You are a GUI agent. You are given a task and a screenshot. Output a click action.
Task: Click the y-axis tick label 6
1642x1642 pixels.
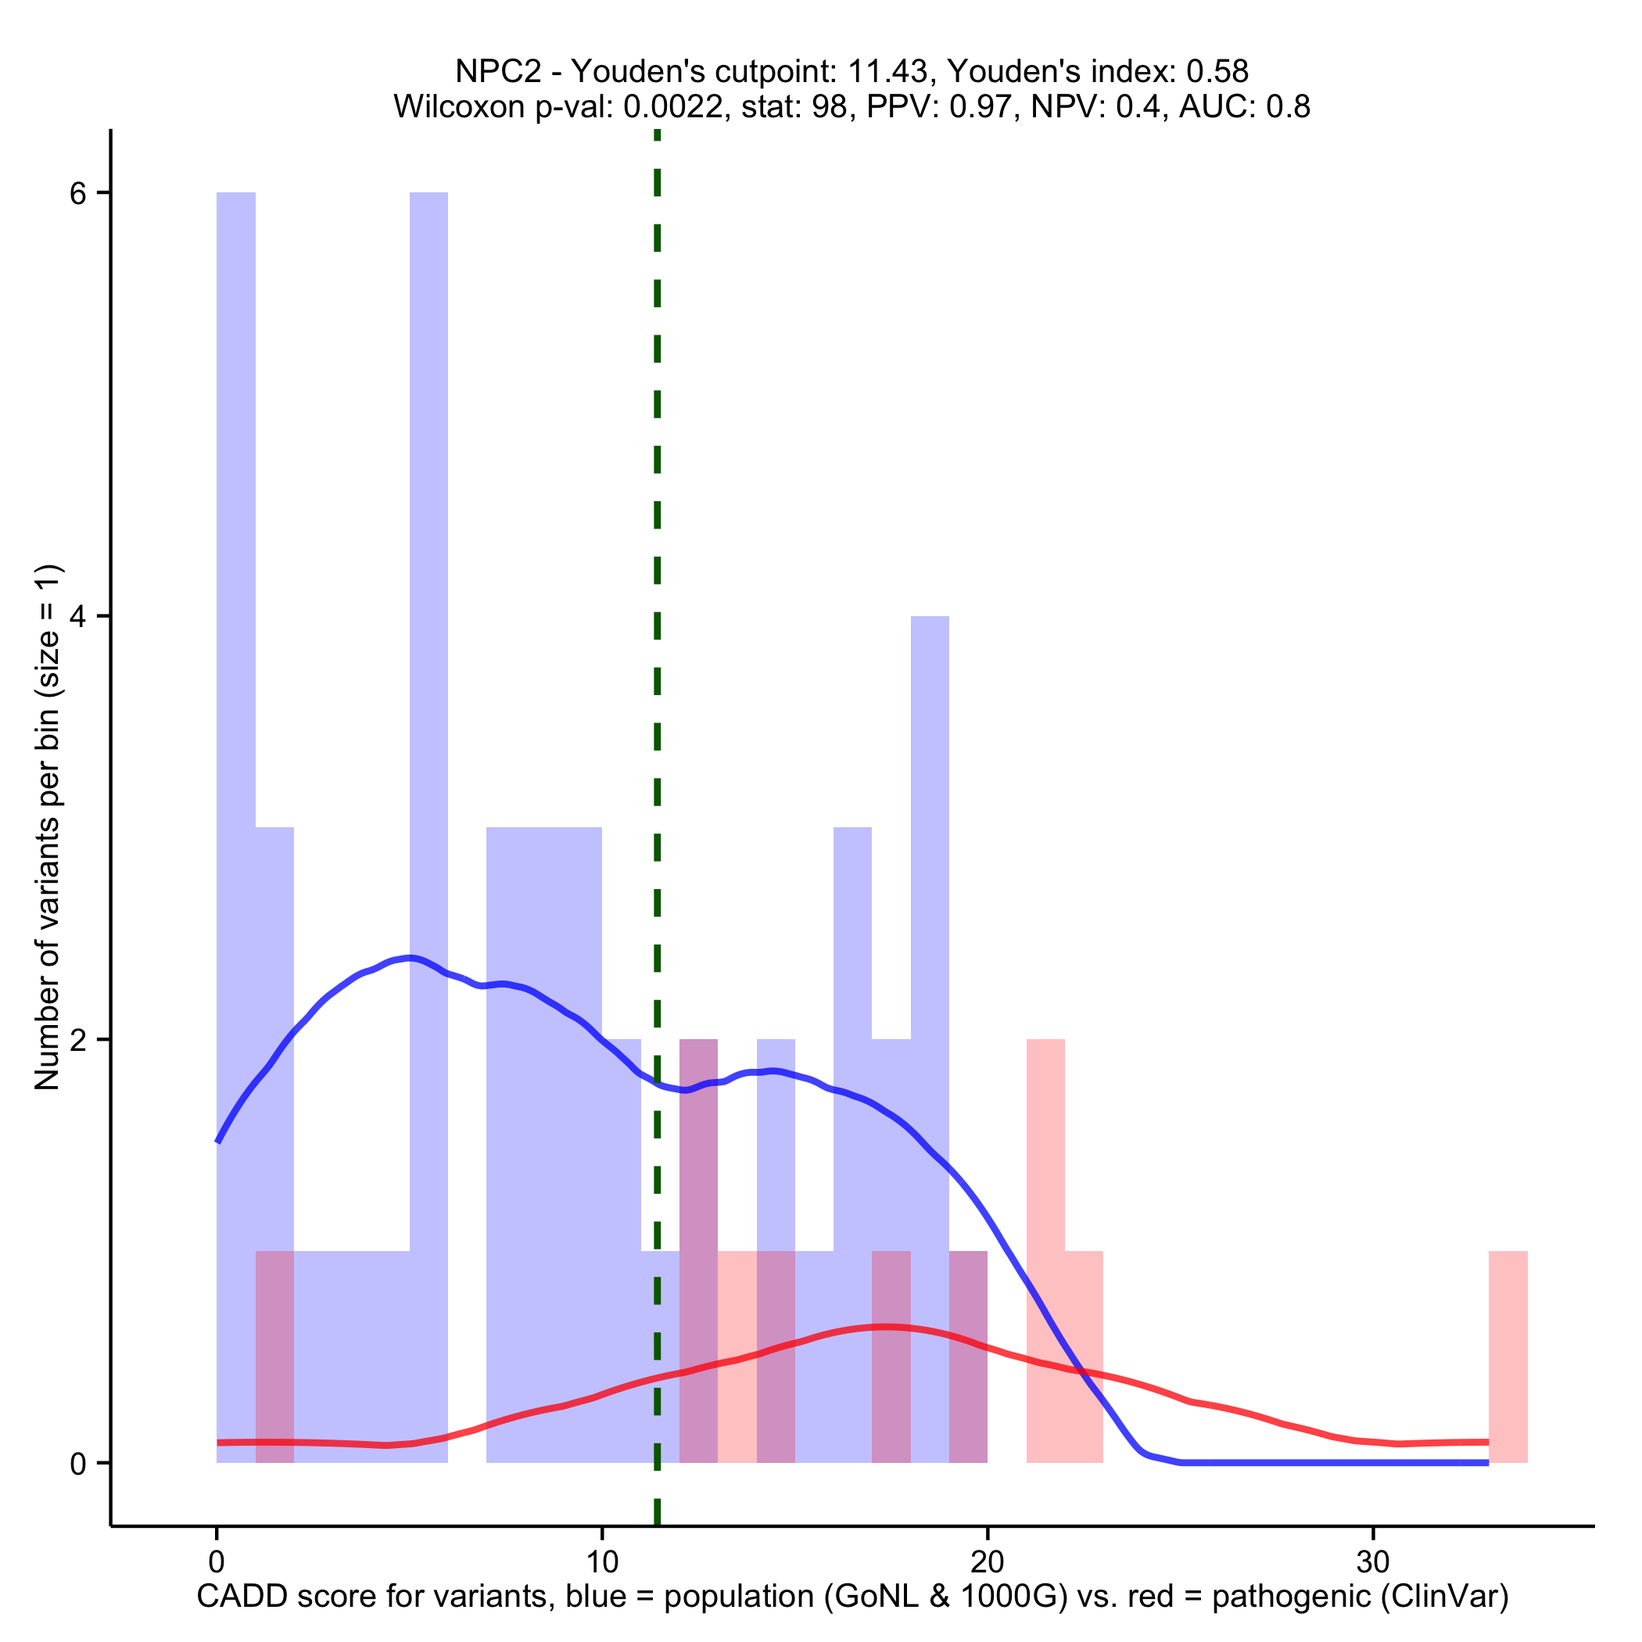tap(78, 194)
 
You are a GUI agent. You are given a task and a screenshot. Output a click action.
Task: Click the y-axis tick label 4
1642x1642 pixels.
tap(78, 617)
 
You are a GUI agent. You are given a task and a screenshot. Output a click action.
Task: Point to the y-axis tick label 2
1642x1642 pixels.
tap(78, 1040)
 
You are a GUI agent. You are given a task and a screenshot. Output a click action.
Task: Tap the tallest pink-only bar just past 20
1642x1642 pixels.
tap(1045, 1190)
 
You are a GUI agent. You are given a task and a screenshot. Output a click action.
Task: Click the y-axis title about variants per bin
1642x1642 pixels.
tap(48, 827)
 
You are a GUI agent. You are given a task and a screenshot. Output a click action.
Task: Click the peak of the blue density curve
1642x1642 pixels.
tap(410, 958)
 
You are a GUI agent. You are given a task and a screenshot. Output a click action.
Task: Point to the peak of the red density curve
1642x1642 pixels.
tap(887, 1327)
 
